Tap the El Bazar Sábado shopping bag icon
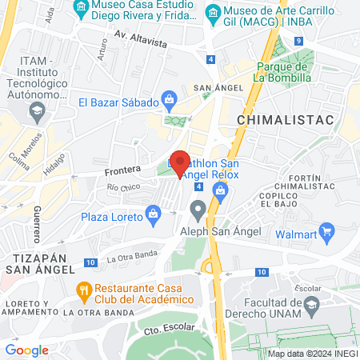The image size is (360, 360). point(169,101)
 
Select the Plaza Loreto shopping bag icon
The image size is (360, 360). point(152,214)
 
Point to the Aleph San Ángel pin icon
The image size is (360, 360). point(198,211)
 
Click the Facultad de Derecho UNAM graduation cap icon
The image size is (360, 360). point(310,304)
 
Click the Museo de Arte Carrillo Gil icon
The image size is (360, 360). point(213,13)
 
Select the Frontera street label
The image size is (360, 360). point(122,170)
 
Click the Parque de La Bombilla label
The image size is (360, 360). point(282,72)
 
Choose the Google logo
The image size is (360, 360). point(26,350)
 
